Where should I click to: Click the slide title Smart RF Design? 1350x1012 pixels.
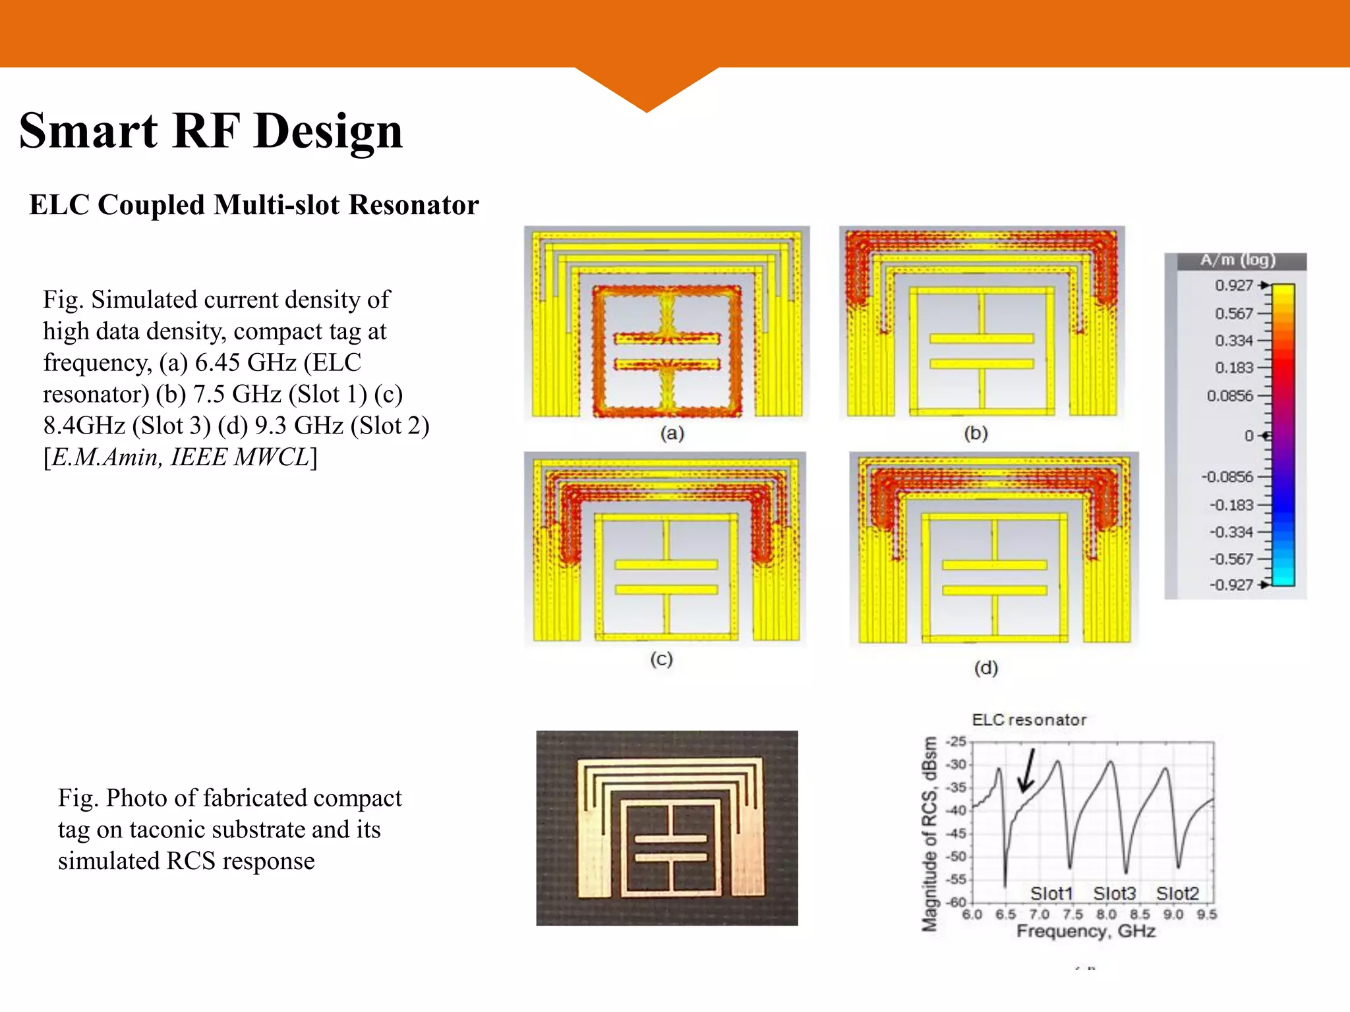click(x=211, y=131)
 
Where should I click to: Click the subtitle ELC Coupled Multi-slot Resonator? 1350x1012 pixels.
click(x=254, y=205)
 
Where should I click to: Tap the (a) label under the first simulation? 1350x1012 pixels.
click(x=672, y=433)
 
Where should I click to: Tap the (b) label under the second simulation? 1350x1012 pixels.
click(x=976, y=433)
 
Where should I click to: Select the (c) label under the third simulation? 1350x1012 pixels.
click(x=661, y=659)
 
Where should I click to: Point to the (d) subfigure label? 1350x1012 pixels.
click(x=986, y=668)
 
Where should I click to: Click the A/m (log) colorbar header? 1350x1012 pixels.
click(x=1237, y=260)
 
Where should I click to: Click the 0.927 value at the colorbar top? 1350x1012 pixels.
click(x=1233, y=285)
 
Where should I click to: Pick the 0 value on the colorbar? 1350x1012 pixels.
click(x=1248, y=436)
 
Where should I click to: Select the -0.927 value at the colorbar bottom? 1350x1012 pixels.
click(x=1231, y=584)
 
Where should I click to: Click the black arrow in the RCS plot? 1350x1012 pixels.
click(x=1027, y=771)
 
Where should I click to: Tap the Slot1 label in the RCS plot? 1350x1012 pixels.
click(x=1051, y=893)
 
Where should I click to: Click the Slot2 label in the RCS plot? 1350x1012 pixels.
click(x=1177, y=893)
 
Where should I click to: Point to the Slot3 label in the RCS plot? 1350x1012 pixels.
click(x=1114, y=893)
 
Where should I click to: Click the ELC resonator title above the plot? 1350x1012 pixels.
click(x=1029, y=720)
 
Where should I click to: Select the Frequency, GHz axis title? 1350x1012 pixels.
click(x=1086, y=931)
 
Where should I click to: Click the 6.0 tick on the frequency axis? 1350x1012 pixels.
click(x=972, y=914)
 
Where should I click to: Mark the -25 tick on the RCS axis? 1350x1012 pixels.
click(x=956, y=742)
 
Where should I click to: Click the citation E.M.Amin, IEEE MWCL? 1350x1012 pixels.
click(x=180, y=457)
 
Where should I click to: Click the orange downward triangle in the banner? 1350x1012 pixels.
click(x=647, y=89)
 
